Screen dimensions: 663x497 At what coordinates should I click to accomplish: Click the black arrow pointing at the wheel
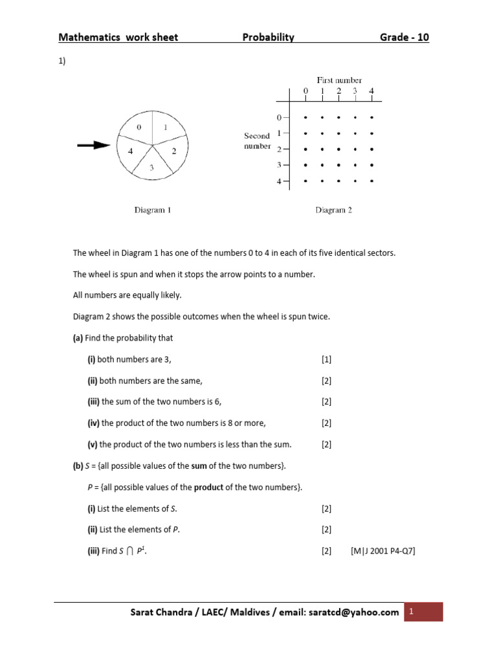coord(93,146)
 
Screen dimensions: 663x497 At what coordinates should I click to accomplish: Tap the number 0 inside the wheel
coord(139,128)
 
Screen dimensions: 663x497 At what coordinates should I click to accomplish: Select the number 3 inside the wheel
coord(152,167)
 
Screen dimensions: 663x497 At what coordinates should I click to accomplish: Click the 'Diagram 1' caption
coord(152,210)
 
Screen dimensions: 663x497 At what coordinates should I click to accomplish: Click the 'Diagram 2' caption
coord(333,210)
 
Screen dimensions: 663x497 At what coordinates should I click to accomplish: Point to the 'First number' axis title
coord(338,80)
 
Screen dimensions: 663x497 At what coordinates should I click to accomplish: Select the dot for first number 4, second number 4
coord(371,181)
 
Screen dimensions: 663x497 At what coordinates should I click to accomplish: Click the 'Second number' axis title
coord(257,141)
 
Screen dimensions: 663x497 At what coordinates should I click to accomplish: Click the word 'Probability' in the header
coord(268,38)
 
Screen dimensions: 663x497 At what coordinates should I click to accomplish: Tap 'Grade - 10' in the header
coord(404,38)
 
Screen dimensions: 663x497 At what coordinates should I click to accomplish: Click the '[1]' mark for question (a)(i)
coord(326,359)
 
